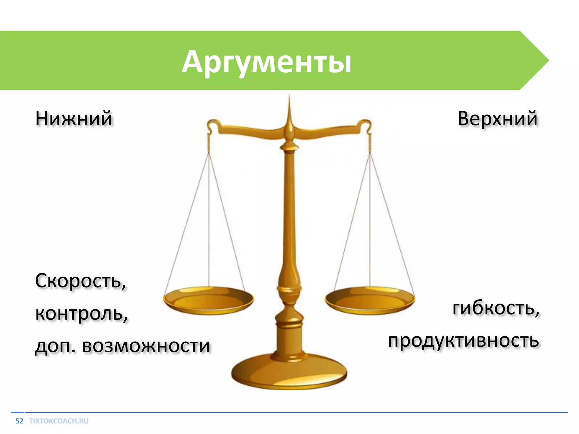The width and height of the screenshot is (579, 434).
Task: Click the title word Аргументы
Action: point(266,62)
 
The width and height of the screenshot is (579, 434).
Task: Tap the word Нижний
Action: point(74,118)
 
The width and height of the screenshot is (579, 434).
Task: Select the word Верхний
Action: point(497,118)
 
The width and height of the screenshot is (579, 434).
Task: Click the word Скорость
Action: point(80,281)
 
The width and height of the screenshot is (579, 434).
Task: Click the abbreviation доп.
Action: point(55,346)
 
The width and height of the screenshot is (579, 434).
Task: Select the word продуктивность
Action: point(463,340)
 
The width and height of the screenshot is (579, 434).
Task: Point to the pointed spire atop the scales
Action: point(289,113)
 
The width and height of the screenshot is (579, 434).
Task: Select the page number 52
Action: point(19,421)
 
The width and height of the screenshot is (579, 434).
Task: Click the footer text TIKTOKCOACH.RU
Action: point(59,421)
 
